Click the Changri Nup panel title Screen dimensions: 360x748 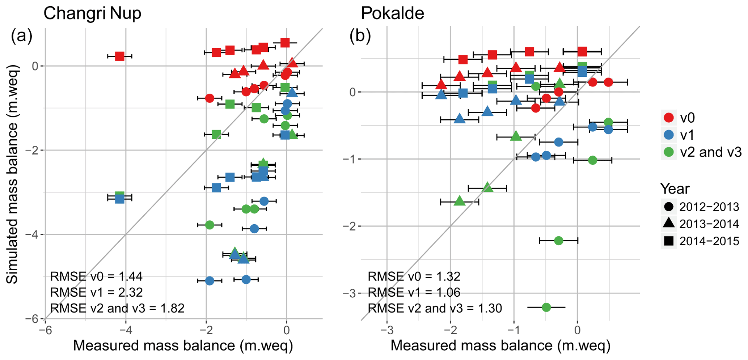tap(92, 14)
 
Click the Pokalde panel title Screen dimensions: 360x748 tap(392, 14)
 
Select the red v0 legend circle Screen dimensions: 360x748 tap(669, 118)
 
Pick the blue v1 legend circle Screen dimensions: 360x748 tap(669, 135)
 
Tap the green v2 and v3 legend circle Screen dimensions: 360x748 tap(669, 152)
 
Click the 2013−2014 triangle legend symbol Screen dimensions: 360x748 tap(669, 224)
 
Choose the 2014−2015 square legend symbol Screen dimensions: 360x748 tap(669, 241)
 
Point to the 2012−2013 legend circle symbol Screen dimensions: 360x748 tap(669, 207)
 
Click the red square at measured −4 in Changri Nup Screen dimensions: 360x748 tap(120, 56)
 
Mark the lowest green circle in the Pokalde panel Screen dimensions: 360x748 tap(546, 307)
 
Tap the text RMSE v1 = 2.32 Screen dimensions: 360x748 tap(96, 292)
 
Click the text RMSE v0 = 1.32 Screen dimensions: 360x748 tap(414, 276)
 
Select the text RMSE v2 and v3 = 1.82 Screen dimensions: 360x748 tap(117, 308)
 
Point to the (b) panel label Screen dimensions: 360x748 tap(360, 36)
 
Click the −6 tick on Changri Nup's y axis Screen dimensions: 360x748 tap(32, 319)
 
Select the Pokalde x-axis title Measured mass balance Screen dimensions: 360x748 tap(500, 346)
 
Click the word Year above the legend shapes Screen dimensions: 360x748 tap(675, 189)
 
